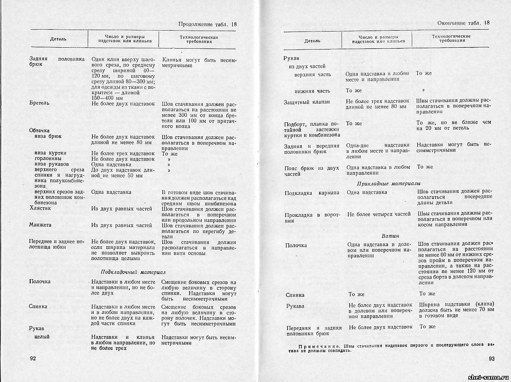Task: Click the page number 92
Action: coord(33,358)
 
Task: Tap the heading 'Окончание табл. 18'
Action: coord(464,23)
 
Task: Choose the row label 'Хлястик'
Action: coord(40,209)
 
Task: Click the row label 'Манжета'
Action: coord(40,225)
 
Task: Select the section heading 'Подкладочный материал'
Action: coord(133,272)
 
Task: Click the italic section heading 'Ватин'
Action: coord(390,236)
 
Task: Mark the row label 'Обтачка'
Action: coord(39,130)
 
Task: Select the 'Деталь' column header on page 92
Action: coord(58,39)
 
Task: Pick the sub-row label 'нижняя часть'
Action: coord(312,91)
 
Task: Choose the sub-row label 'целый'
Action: coord(42,337)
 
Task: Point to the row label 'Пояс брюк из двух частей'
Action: coord(312,171)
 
